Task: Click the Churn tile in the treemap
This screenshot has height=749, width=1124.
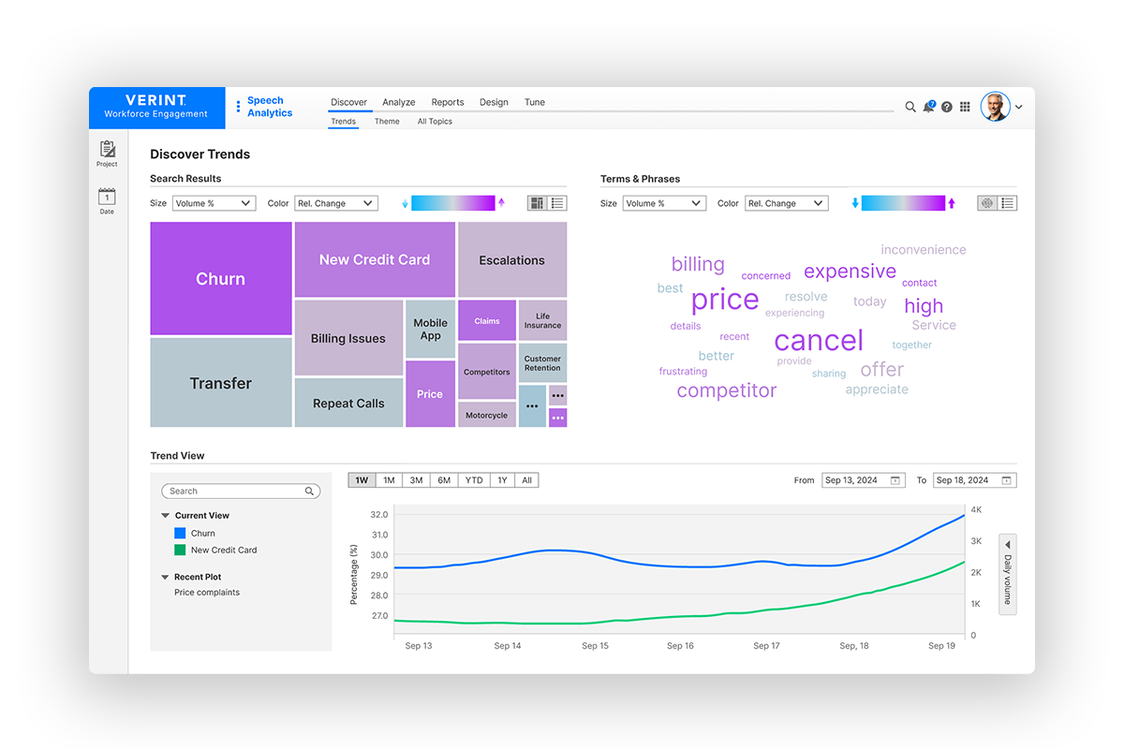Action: pos(220,279)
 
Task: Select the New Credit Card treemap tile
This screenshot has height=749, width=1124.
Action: pos(374,259)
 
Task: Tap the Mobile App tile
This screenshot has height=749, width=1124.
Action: pos(430,330)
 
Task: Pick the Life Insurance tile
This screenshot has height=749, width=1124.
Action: pos(542,320)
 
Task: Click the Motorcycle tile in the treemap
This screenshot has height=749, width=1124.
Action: pos(486,415)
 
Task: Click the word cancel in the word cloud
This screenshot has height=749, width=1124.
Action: pos(819,341)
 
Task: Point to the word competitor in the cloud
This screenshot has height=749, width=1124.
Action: pos(726,390)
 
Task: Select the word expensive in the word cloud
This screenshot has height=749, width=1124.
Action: pos(850,272)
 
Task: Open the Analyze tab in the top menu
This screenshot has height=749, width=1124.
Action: pos(398,102)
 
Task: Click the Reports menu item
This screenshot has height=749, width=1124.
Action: pos(447,102)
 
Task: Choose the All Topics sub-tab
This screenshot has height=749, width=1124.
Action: pos(435,122)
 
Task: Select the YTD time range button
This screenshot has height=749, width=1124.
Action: pos(474,480)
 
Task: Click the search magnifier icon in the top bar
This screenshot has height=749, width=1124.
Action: pos(910,107)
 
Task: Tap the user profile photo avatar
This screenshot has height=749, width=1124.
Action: pos(995,107)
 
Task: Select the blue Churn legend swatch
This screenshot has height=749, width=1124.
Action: pos(181,533)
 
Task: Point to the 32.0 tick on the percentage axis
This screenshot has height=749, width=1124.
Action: pos(378,515)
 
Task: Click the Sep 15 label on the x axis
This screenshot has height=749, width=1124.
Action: pos(595,646)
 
